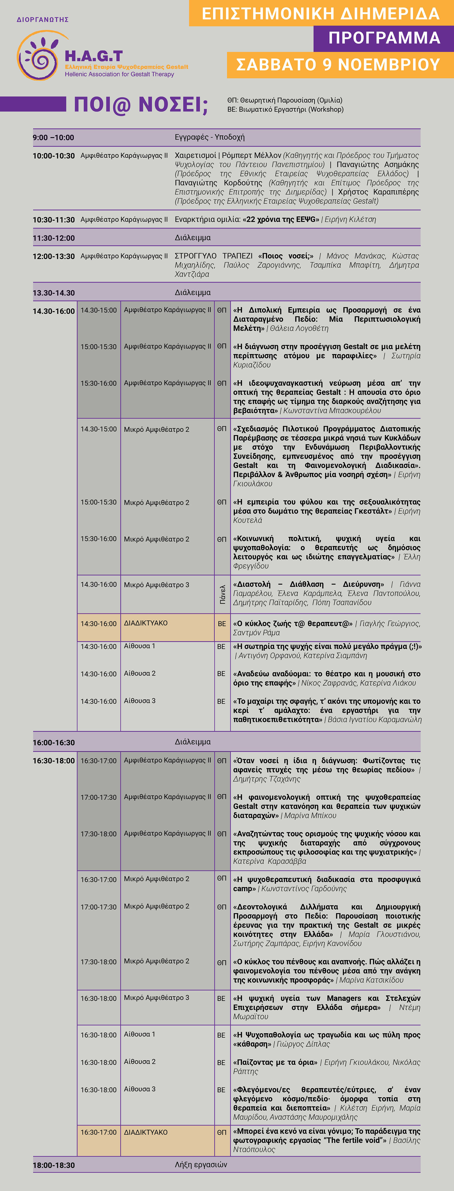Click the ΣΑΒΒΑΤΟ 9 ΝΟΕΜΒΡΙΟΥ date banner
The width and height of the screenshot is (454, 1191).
[338, 65]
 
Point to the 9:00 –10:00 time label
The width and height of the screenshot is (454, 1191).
[53, 137]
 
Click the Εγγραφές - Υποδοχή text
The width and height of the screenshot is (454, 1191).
[210, 137]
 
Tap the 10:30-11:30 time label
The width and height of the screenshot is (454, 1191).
[53, 220]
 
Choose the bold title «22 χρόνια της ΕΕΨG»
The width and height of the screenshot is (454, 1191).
[280, 219]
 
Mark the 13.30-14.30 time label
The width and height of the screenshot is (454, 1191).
[53, 293]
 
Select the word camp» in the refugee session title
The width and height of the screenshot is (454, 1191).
[244, 889]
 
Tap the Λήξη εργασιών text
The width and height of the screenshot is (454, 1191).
[201, 1165]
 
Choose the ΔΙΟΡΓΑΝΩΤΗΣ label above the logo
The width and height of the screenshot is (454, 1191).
[43, 19]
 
